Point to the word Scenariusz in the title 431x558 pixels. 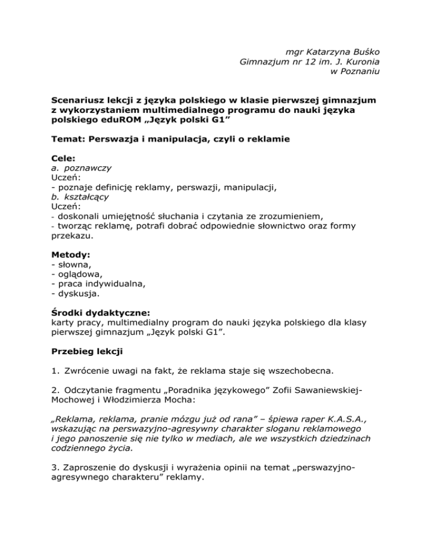[77, 99]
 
